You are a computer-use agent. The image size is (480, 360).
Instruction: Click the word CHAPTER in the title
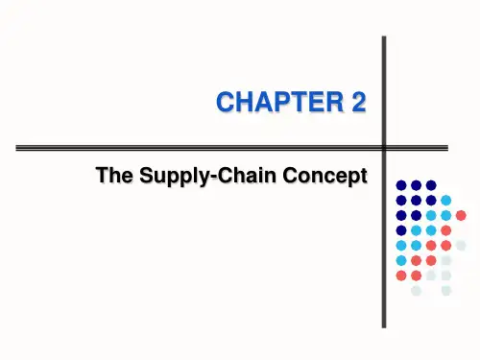279,102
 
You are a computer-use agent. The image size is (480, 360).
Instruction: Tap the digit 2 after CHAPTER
359,102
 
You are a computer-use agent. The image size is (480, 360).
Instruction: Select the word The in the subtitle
114,175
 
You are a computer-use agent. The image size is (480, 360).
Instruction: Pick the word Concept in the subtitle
324,177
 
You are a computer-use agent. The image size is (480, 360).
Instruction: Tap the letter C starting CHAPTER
225,102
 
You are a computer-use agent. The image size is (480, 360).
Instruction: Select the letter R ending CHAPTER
334,102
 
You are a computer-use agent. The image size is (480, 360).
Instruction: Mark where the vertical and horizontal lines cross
384,148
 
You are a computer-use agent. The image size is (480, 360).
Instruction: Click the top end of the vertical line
384,36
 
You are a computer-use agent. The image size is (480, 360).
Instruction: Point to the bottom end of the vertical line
384,327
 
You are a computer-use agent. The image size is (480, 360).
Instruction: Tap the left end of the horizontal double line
16,148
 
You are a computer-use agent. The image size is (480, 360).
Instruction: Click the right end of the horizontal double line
447,148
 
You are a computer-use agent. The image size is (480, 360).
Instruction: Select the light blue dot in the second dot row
445,201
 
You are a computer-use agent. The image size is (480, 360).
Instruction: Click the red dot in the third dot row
461,215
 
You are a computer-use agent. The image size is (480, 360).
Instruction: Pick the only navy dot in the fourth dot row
401,230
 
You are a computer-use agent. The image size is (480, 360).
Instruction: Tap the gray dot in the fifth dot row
461,246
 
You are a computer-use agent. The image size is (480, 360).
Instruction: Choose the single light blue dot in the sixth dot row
401,260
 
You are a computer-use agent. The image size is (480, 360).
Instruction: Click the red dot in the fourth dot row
445,230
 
